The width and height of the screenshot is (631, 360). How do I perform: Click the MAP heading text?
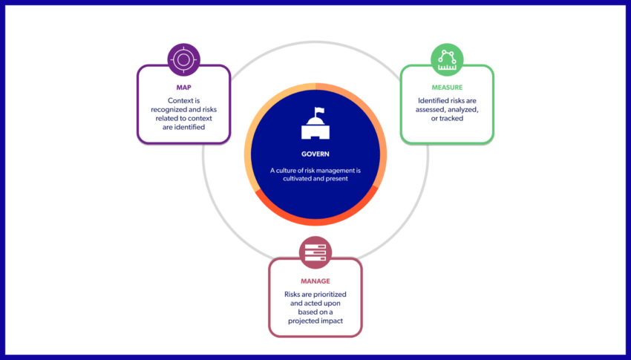pyautogui.click(x=183, y=87)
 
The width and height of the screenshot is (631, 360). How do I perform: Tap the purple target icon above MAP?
pyautogui.click(x=183, y=59)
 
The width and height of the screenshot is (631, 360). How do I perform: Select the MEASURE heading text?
pyautogui.click(x=447, y=87)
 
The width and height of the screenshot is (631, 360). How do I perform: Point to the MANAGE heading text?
pyautogui.click(x=315, y=282)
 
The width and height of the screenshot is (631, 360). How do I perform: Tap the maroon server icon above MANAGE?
pyautogui.click(x=315, y=253)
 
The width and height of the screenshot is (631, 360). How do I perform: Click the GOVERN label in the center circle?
pyautogui.click(x=315, y=154)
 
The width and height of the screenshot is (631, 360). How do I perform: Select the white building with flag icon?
pyautogui.click(x=315, y=125)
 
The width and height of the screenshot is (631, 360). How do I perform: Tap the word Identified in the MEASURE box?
pyautogui.click(x=434, y=99)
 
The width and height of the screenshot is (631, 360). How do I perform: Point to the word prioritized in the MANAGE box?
pyautogui.click(x=327, y=295)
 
